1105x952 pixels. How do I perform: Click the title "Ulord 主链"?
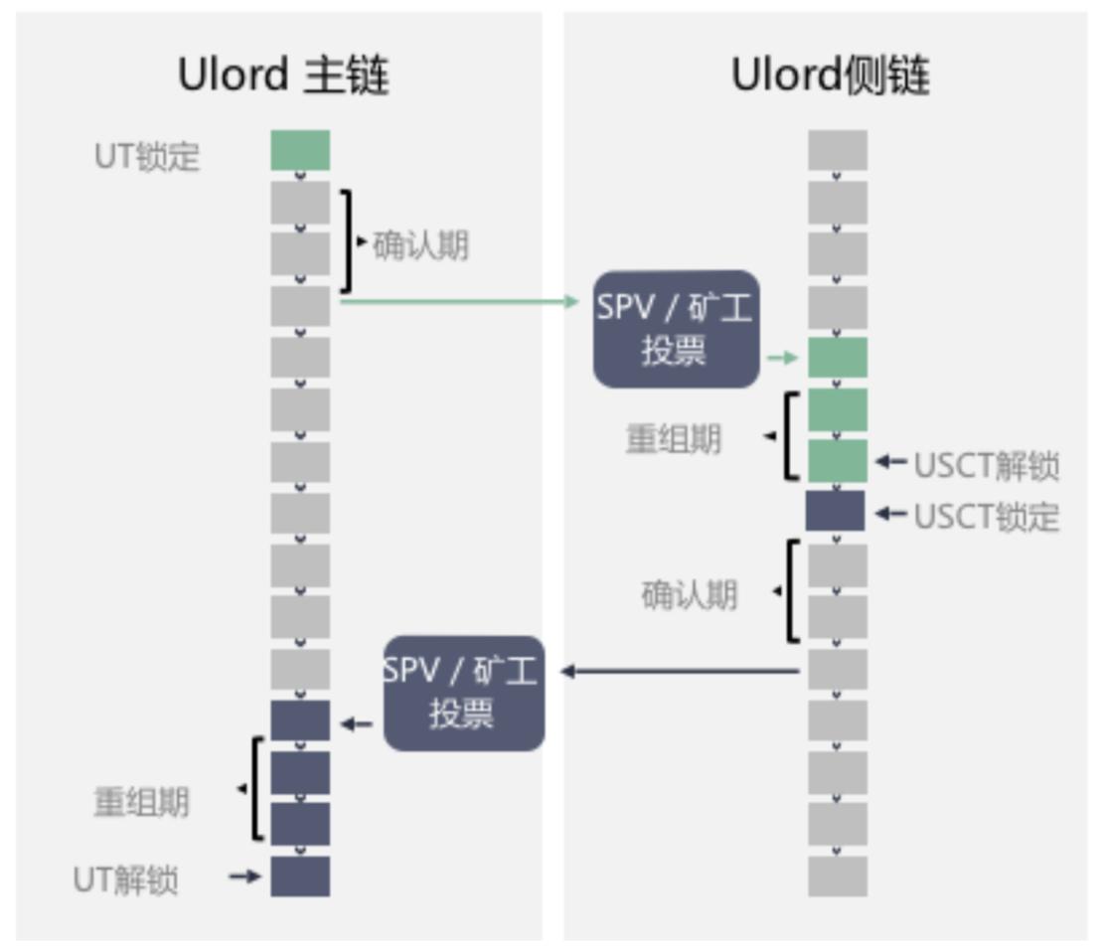pyautogui.click(x=283, y=76)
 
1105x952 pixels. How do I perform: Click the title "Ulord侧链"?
pyautogui.click(x=831, y=76)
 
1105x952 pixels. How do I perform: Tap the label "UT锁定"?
pyautogui.click(x=147, y=157)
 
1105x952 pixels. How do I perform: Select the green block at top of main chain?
pyautogui.click(x=300, y=150)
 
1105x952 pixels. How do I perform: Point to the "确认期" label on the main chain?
pyautogui.click(x=420, y=245)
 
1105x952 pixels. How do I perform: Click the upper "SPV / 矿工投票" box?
pyautogui.click(x=676, y=329)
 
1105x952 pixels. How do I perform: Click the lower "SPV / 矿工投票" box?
pyautogui.click(x=463, y=693)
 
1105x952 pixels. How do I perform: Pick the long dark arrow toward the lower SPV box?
pyautogui.click(x=681, y=672)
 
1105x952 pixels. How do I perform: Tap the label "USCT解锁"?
pyautogui.click(x=986, y=465)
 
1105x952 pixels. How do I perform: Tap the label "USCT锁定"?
pyautogui.click(x=986, y=517)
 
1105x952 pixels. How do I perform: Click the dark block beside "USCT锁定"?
pyautogui.click(x=836, y=511)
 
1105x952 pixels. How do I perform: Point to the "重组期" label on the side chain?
pyautogui.click(x=673, y=440)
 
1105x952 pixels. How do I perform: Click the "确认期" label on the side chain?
pyautogui.click(x=689, y=595)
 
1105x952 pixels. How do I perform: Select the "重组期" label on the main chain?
pyautogui.click(x=141, y=802)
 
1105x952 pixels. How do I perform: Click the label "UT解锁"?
pyautogui.click(x=126, y=879)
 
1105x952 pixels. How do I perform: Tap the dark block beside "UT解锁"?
pyautogui.click(x=300, y=876)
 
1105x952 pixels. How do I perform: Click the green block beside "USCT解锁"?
pyautogui.click(x=837, y=461)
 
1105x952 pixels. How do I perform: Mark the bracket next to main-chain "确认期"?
pyautogui.click(x=347, y=241)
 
